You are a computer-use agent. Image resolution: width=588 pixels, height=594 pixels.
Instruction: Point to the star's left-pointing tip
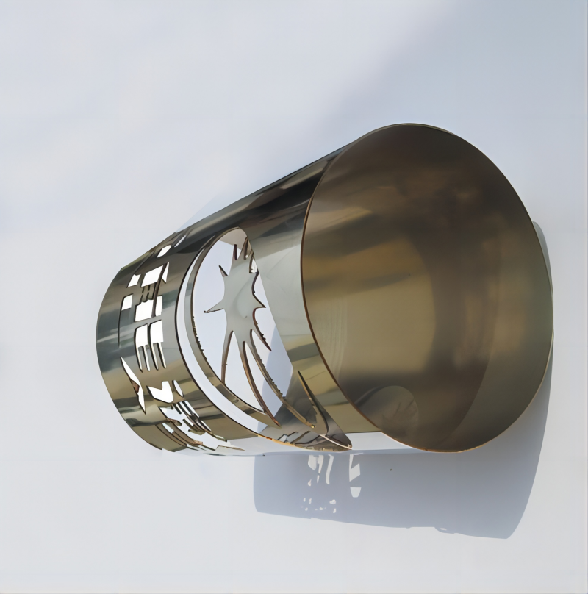click(x=207, y=309)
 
